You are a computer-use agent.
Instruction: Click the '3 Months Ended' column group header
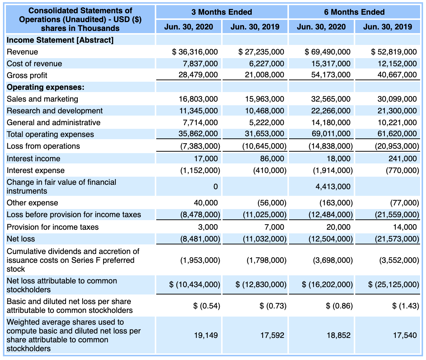tap(221, 12)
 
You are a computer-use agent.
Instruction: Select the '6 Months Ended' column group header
tap(354, 12)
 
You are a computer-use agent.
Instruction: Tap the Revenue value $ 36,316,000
tap(195, 52)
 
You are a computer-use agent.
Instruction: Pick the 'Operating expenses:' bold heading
tap(46, 87)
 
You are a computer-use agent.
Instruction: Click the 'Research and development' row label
tap(55, 111)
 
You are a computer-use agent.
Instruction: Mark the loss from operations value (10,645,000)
tap(264, 146)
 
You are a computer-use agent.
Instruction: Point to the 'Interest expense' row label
tap(36, 170)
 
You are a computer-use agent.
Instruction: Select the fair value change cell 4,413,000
tap(333, 187)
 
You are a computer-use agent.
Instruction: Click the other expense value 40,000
tap(206, 203)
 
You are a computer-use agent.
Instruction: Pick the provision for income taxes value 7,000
tap(274, 227)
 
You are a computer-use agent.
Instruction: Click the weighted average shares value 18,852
tap(339, 335)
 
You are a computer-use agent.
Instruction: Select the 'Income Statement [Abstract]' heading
tap(60, 40)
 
